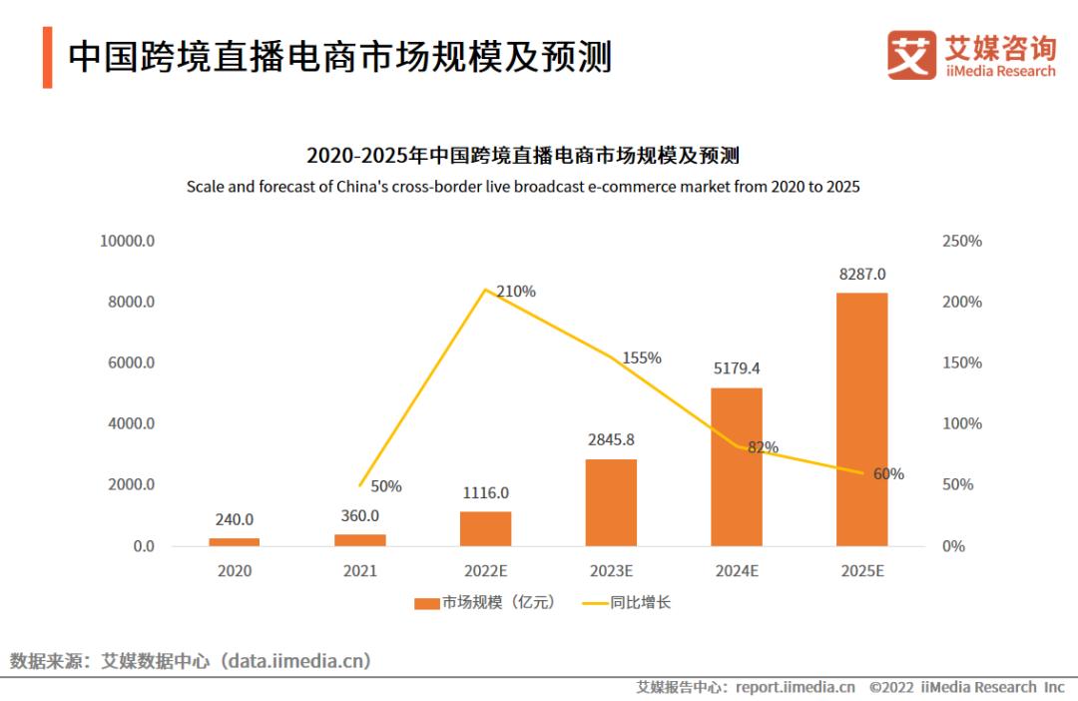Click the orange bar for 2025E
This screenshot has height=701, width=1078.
tap(861, 419)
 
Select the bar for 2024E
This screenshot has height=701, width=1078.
tap(737, 466)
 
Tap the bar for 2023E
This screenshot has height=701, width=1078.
tap(611, 502)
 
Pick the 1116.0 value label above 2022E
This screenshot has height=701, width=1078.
tap(485, 492)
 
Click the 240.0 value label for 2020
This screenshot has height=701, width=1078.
tap(234, 519)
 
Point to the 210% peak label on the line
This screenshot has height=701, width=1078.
tap(516, 292)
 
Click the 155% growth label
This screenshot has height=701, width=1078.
tap(642, 357)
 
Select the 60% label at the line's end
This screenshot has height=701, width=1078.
tap(888, 474)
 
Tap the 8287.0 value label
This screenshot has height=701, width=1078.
tap(861, 274)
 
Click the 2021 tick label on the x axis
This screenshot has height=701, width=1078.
tap(359, 571)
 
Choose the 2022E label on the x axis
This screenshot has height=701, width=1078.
tap(485, 571)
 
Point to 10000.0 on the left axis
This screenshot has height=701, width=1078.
tap(126, 241)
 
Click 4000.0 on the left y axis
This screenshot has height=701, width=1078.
tap(130, 423)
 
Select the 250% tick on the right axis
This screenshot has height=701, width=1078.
tap(962, 241)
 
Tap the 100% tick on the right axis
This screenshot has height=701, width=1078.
tap(962, 423)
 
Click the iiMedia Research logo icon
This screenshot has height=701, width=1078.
tap(911, 55)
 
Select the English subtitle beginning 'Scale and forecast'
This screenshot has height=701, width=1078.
tap(523, 187)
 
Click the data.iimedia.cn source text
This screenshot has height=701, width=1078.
tap(297, 660)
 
